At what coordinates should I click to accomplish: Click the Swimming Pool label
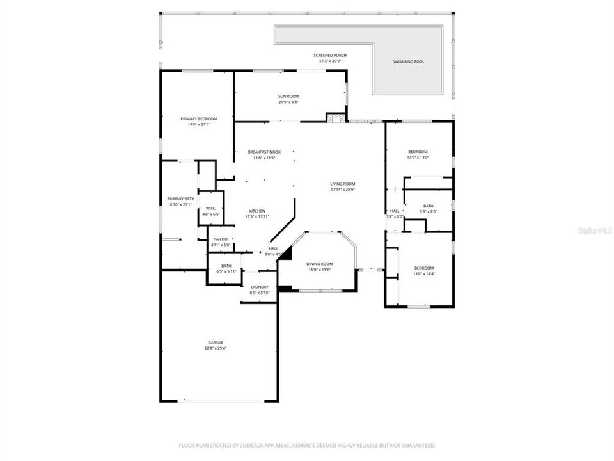point(409,62)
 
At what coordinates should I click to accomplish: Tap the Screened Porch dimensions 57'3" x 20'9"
point(330,61)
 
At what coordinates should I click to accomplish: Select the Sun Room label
point(288,96)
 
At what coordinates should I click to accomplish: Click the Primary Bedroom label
point(198,119)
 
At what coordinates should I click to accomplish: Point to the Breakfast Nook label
point(264,152)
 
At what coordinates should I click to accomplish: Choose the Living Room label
point(342,184)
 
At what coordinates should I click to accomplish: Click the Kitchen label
point(257,211)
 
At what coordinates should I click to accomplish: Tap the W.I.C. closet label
point(211,209)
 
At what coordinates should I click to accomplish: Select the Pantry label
point(221,239)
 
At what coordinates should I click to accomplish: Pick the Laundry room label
point(260,287)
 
